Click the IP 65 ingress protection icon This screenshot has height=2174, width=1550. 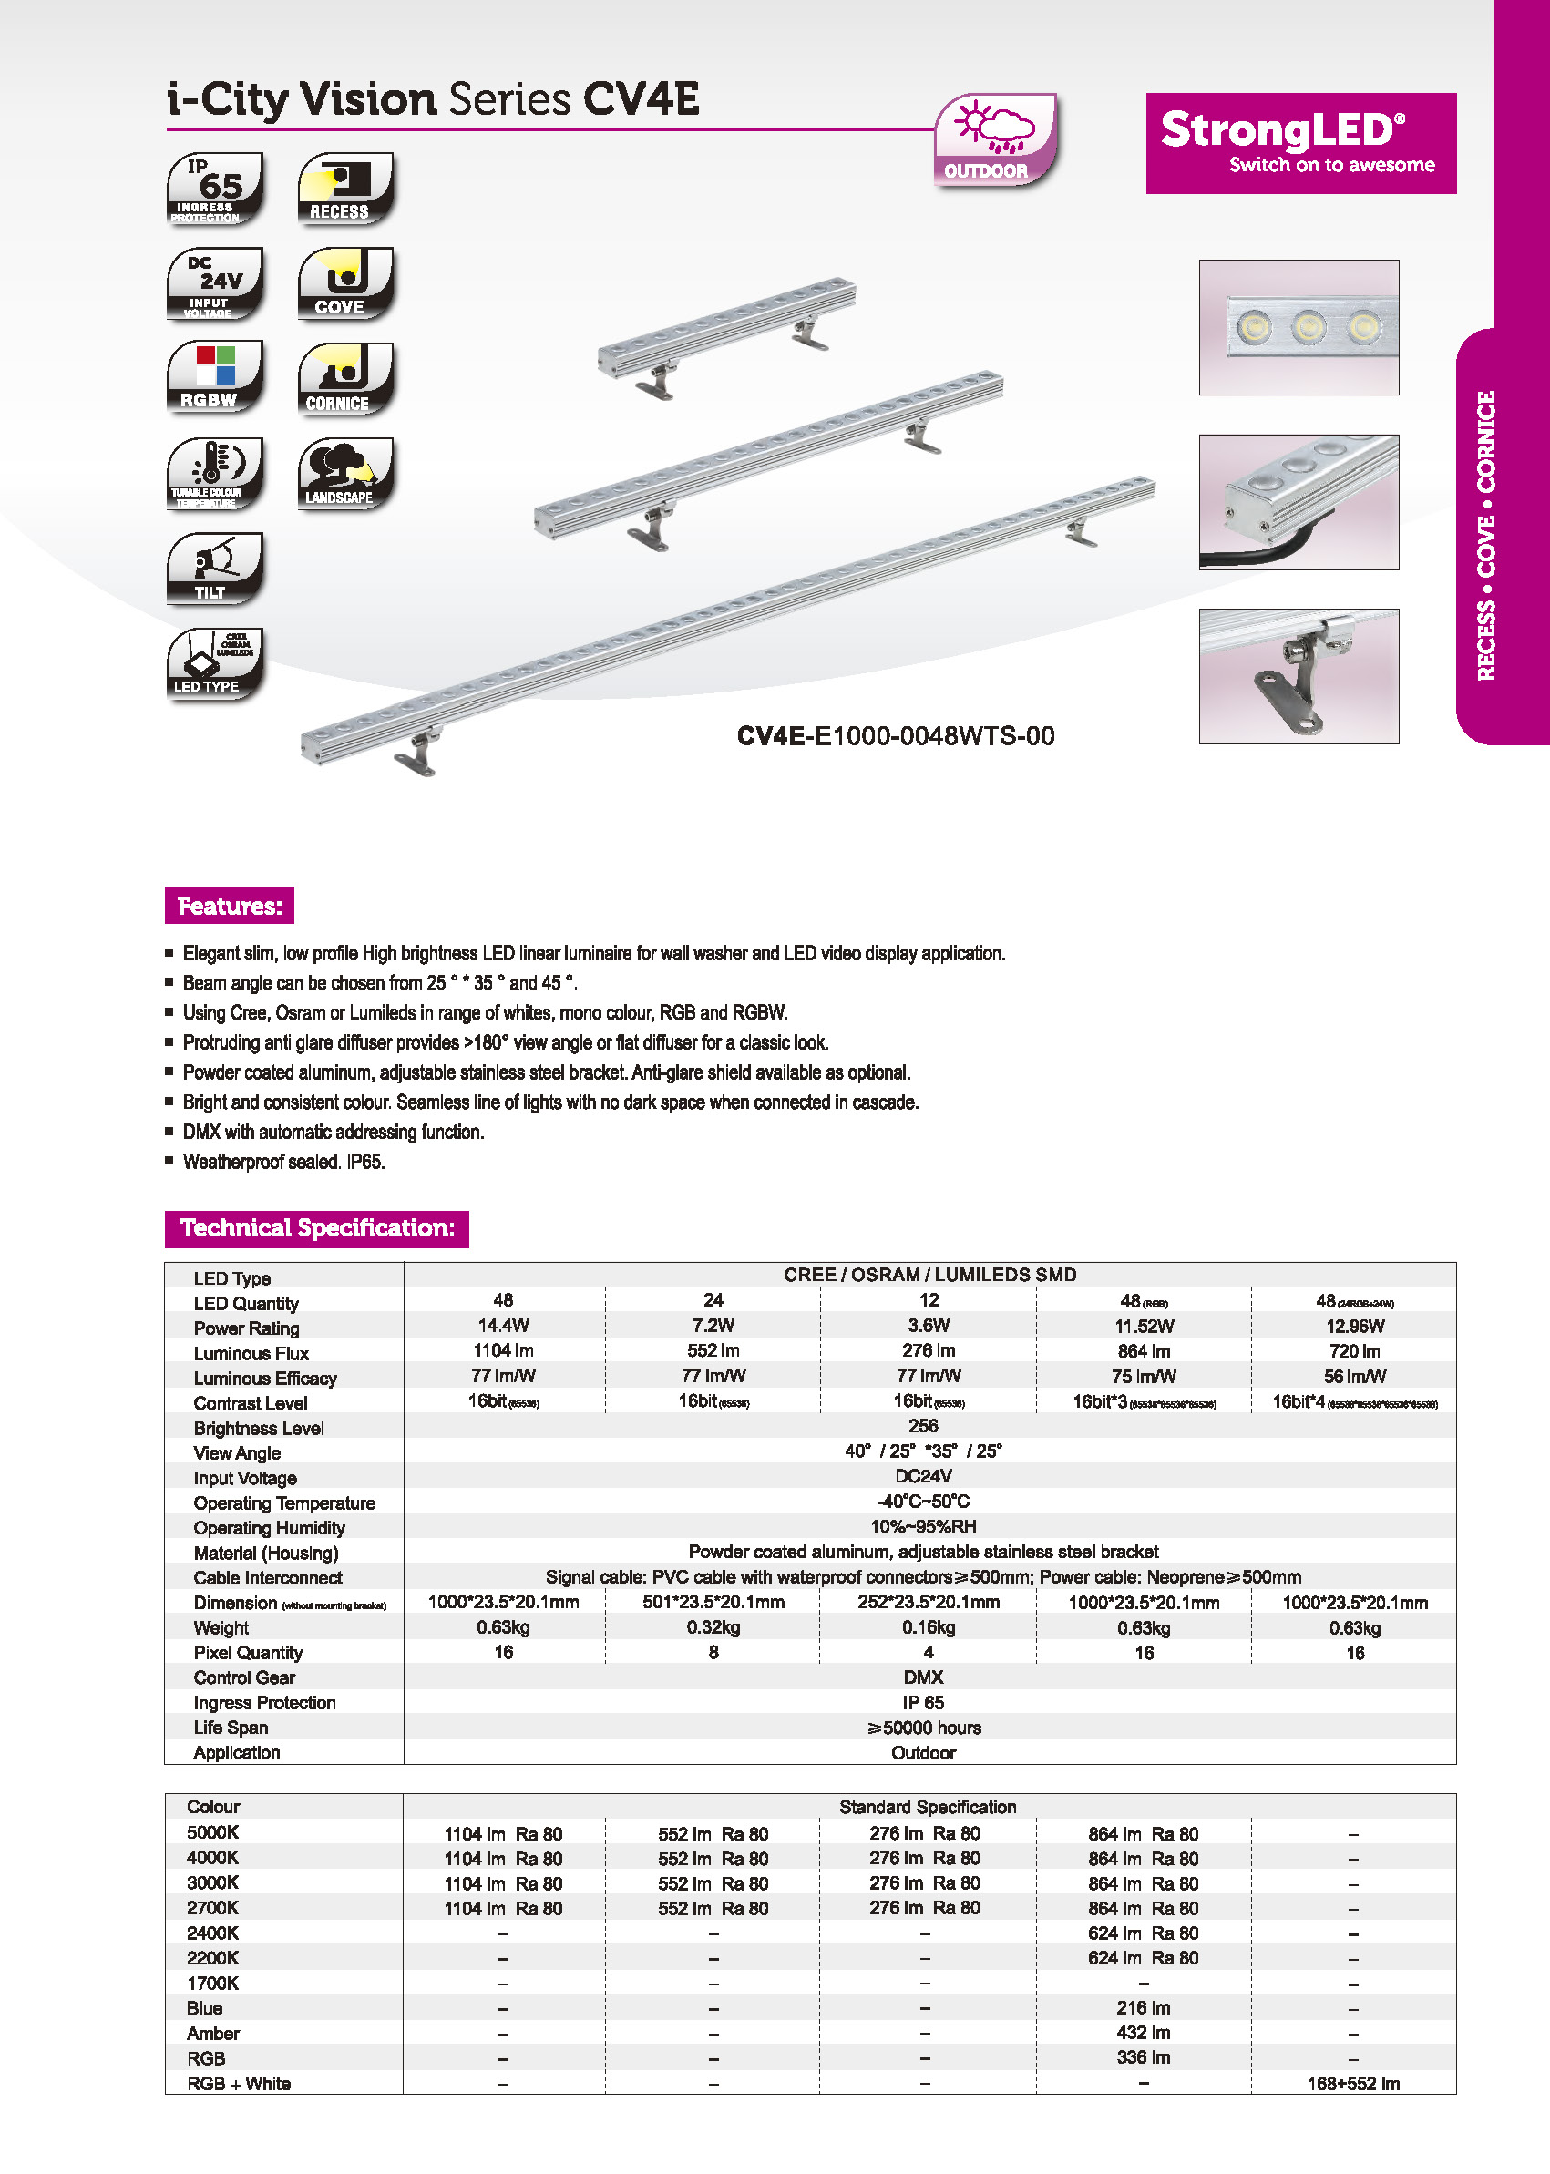pyautogui.click(x=215, y=188)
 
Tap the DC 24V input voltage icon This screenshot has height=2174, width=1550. pyautogui.click(x=215, y=283)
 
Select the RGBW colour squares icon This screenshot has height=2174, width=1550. pyautogui.click(x=215, y=378)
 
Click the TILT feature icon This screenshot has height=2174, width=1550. pyautogui.click(x=215, y=569)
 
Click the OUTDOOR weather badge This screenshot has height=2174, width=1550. pyautogui.click(x=994, y=139)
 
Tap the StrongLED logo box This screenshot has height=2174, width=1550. pyautogui.click(x=1300, y=143)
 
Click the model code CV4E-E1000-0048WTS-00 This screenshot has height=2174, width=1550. pyautogui.click(x=895, y=736)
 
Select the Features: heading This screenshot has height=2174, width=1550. pyautogui.click(x=229, y=906)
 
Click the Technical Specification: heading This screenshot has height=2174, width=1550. pyautogui.click(x=317, y=1228)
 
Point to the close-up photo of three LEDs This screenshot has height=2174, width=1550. pyautogui.click(x=1298, y=327)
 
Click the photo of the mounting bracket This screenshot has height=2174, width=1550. pyautogui.click(x=1298, y=676)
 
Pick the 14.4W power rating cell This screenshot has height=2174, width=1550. pyautogui.click(x=503, y=1326)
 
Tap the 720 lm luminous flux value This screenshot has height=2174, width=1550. pyautogui.click(x=1353, y=1351)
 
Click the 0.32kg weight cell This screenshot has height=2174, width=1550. pyautogui.click(x=713, y=1627)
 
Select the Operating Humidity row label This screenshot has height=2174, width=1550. pyautogui.click(x=269, y=1528)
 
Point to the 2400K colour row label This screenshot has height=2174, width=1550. pyautogui.click(x=213, y=1933)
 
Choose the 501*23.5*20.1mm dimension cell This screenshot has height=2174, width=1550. pyautogui.click(x=713, y=1603)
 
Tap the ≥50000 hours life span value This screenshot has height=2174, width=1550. pyautogui.click(x=923, y=1728)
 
